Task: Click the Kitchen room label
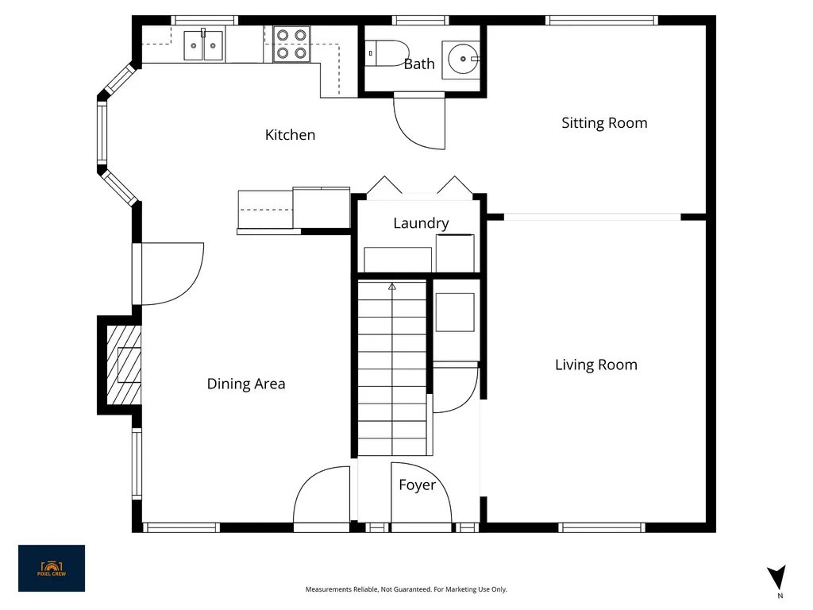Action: pyautogui.click(x=290, y=135)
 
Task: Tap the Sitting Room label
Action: pyautogui.click(x=604, y=123)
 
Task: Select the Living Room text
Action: pyautogui.click(x=595, y=365)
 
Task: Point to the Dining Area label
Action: pyautogui.click(x=246, y=384)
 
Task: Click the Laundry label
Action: pyautogui.click(x=421, y=223)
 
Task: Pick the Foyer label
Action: pyautogui.click(x=417, y=485)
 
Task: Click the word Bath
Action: pyautogui.click(x=419, y=64)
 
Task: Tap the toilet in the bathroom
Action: pyautogui.click(x=387, y=53)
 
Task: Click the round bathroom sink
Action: pyautogui.click(x=462, y=59)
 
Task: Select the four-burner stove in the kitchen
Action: pyautogui.click(x=291, y=44)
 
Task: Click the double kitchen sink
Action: pyautogui.click(x=204, y=45)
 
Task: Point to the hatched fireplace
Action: pyautogui.click(x=123, y=365)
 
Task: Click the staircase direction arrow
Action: pyautogui.click(x=392, y=286)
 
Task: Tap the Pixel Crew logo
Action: pyautogui.click(x=52, y=568)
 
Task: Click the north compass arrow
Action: pyautogui.click(x=777, y=577)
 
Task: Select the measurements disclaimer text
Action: pyautogui.click(x=406, y=589)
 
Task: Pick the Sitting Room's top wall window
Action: pyautogui.click(x=602, y=20)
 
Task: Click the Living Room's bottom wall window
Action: pyautogui.click(x=602, y=527)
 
